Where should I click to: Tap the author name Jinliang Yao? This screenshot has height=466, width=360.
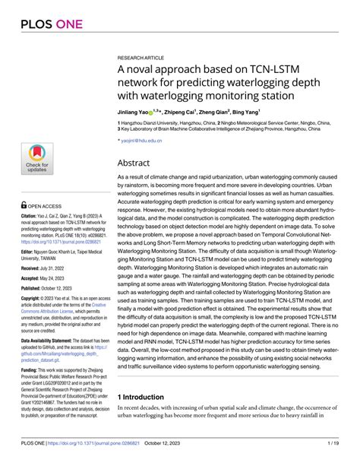135,111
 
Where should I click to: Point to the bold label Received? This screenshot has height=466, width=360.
29,268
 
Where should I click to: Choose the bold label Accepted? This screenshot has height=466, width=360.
29,279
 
